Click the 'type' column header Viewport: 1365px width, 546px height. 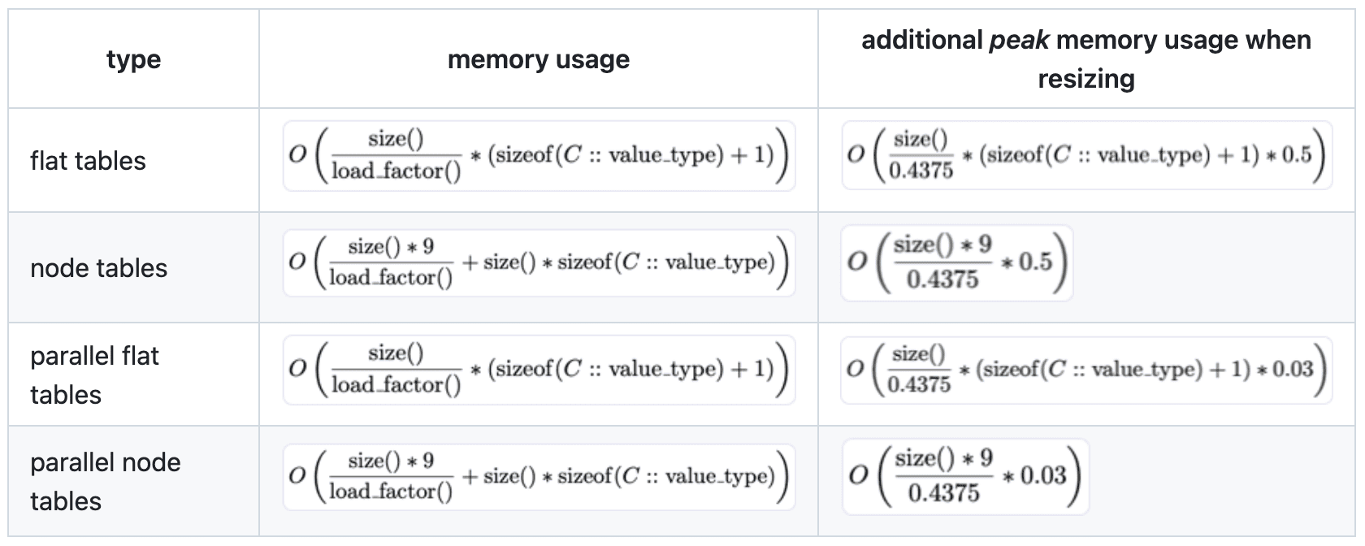133,59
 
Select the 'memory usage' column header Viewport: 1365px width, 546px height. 538,59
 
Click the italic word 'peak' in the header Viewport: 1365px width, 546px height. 1019,40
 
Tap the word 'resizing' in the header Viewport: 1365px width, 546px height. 1085,79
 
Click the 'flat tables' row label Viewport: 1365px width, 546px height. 88,161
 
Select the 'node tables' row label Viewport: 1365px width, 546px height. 98,268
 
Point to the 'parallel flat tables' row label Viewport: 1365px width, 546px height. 94,375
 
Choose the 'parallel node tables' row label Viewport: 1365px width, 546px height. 106,481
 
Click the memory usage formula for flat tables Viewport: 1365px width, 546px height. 538,156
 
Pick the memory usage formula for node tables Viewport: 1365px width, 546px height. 538,262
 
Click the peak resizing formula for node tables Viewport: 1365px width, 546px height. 956,262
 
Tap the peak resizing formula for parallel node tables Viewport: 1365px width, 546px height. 964,476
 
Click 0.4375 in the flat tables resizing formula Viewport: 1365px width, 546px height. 921,171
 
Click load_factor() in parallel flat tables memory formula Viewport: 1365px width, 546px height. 395,384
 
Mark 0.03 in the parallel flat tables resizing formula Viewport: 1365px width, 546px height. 1293,370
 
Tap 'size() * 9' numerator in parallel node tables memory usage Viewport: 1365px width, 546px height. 391,461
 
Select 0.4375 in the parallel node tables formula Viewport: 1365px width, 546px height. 942,492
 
